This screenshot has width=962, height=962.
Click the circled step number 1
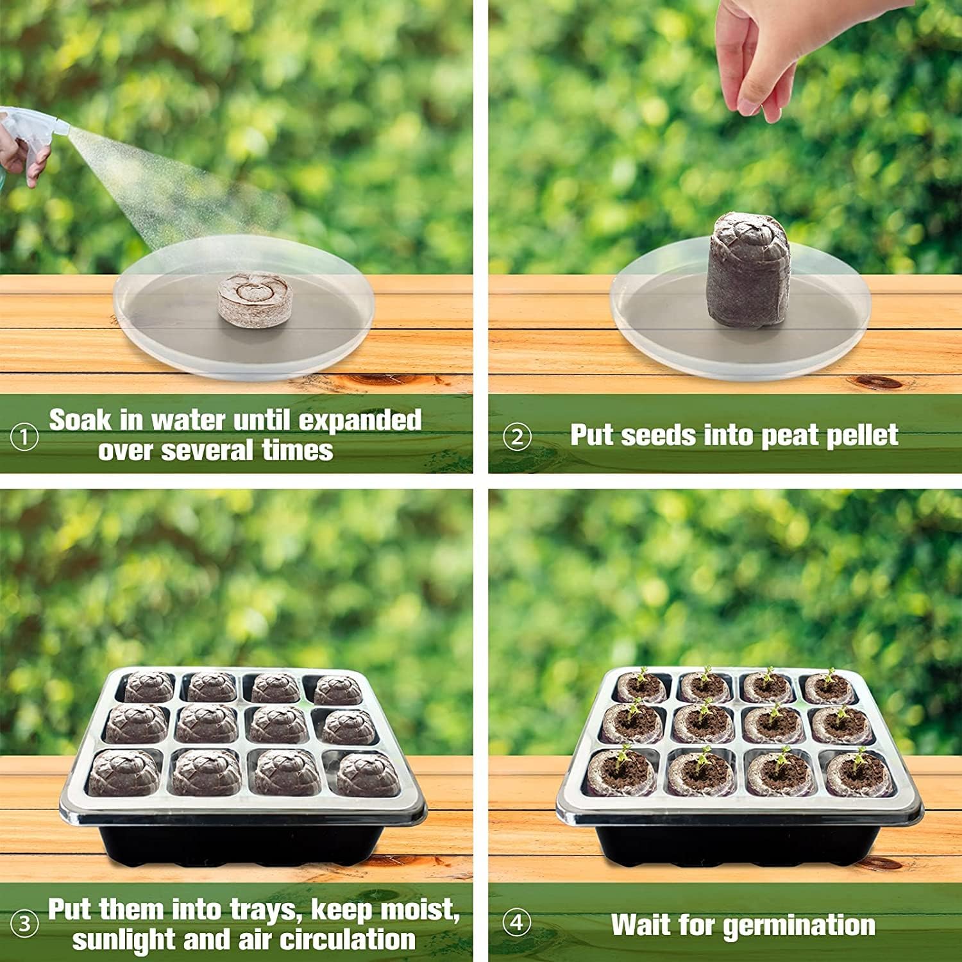(24, 438)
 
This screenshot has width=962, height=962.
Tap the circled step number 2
(517, 437)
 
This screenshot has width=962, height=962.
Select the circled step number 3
(24, 924)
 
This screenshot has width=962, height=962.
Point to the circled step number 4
(517, 923)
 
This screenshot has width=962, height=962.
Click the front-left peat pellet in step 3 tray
(124, 772)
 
